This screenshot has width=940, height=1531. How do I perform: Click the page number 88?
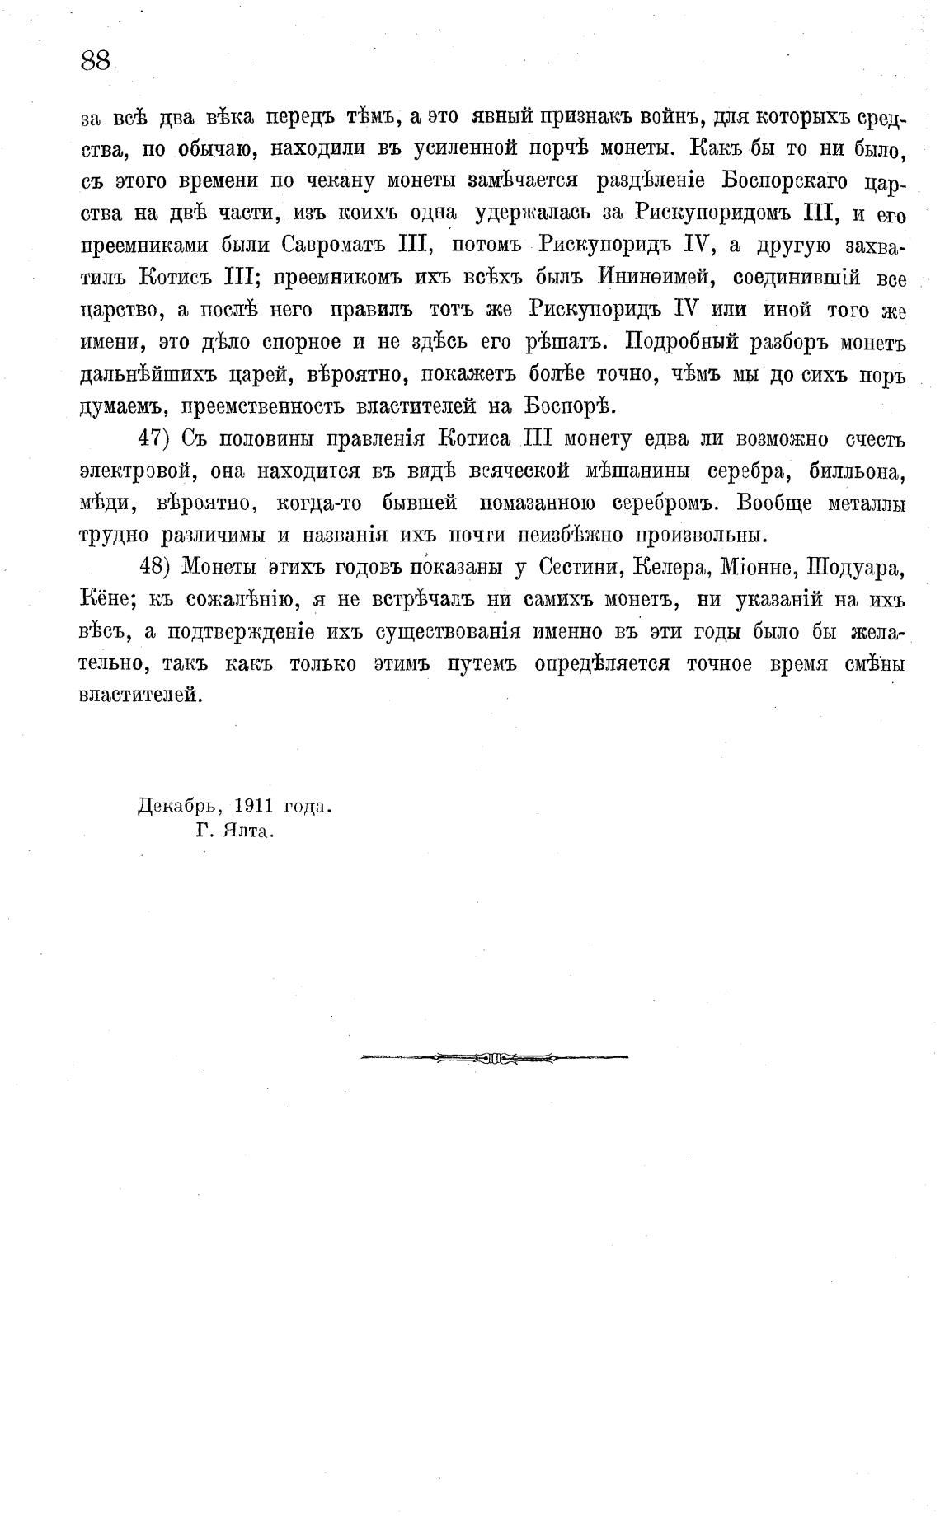tap(96, 61)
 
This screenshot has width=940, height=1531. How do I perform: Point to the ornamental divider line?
tap(494, 1057)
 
